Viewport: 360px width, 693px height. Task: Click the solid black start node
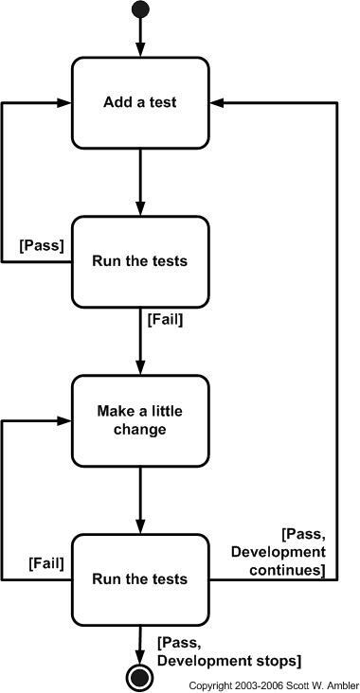tap(140, 9)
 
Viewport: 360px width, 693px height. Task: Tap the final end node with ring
tap(140, 677)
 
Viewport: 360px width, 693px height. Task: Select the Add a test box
tap(140, 102)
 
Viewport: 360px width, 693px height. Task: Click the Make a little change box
tap(140, 420)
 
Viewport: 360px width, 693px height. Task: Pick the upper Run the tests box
tap(140, 261)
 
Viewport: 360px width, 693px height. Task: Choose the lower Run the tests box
tap(140, 579)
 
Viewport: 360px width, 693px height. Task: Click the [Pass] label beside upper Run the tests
tap(42, 246)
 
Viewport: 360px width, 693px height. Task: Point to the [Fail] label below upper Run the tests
tap(165, 320)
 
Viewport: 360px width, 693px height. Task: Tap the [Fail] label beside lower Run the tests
tap(46, 563)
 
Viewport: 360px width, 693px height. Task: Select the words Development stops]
tap(229, 661)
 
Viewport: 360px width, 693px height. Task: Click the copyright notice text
tap(274, 685)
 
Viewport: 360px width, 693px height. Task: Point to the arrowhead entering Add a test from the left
tap(64, 102)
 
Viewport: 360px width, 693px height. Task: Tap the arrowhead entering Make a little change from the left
tap(64, 420)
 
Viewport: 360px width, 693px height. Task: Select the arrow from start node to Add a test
tap(140, 38)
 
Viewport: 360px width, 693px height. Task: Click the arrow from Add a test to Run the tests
tap(140, 183)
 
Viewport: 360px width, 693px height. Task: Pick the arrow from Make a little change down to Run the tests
tap(140, 500)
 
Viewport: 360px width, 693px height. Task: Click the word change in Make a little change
tap(140, 429)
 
